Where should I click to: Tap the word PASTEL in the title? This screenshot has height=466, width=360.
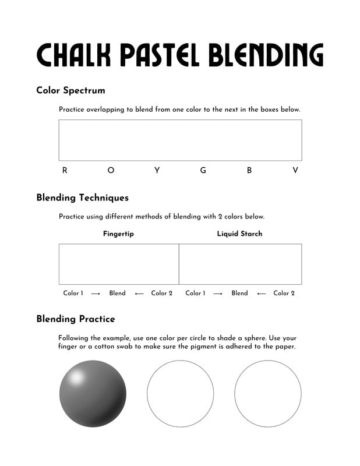click(153, 55)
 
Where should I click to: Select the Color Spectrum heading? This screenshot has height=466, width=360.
click(70, 90)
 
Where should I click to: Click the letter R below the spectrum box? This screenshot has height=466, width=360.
click(65, 171)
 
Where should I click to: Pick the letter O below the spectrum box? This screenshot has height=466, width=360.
click(111, 171)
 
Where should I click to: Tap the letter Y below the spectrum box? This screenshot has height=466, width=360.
click(157, 171)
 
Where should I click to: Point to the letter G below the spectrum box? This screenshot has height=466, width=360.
click(203, 171)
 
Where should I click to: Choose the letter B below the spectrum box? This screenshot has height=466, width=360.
click(249, 171)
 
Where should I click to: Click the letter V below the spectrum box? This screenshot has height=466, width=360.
click(295, 171)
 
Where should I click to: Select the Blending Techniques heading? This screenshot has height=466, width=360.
click(82, 198)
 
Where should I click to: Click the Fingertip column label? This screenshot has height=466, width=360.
click(119, 234)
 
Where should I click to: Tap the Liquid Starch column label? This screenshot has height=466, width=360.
click(239, 234)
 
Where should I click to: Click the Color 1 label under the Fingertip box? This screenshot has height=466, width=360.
click(73, 293)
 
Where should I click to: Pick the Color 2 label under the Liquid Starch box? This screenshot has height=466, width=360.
click(284, 293)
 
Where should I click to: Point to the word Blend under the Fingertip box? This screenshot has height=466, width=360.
click(117, 293)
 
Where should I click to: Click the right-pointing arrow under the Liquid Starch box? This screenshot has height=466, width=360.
click(218, 294)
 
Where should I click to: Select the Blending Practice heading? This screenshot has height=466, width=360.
click(76, 319)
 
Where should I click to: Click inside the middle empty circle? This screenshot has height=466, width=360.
click(180, 394)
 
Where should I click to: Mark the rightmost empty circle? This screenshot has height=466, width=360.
click(268, 394)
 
